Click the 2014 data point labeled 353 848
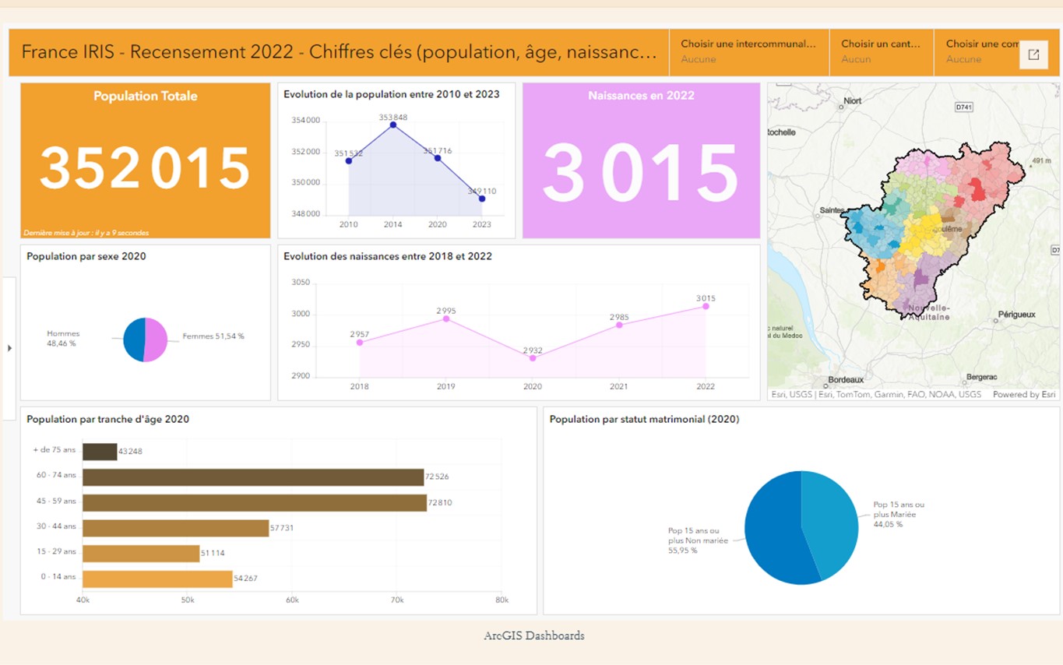pos(393,125)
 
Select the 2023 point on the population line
pos(482,199)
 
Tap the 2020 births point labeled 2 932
pos(533,357)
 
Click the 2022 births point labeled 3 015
pos(706,306)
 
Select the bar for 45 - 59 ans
pos(254,503)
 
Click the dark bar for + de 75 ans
pos(100,452)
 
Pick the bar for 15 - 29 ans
pos(141,554)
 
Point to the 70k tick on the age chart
pos(396,600)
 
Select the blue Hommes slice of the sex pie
pos(134,340)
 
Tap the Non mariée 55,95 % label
pos(698,540)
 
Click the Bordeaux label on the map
pos(846,379)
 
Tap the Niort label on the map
pos(852,100)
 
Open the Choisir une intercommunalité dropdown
pos(748,51)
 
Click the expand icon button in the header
pos(1033,55)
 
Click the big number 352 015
pos(145,168)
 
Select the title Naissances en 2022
pos(641,96)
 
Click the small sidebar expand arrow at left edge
pos(9,348)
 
